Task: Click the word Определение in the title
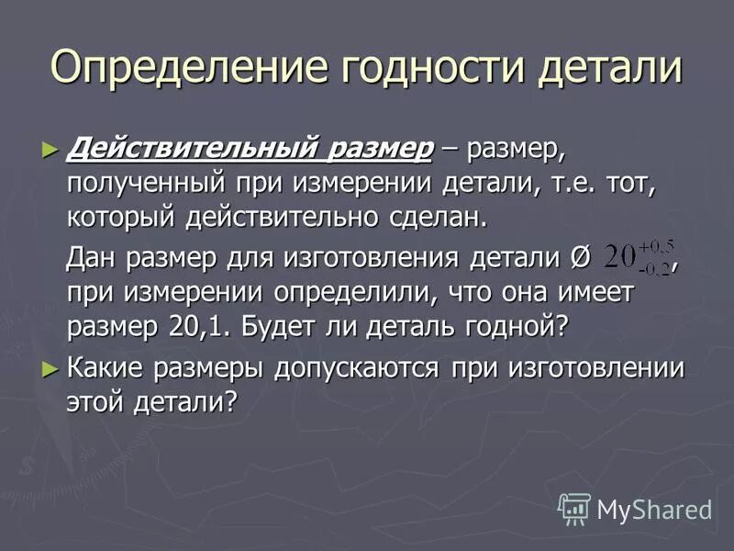[x=189, y=68]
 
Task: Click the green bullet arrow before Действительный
[x=50, y=147]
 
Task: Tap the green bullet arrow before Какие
[x=50, y=368]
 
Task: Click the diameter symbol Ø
[x=579, y=259]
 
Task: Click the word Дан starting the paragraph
[x=93, y=258]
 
